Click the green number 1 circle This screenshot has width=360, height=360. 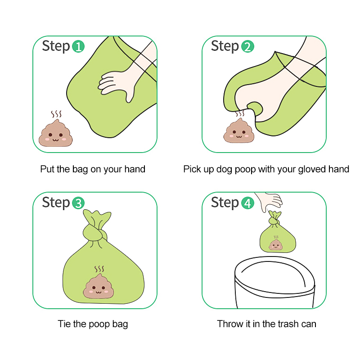click(78, 47)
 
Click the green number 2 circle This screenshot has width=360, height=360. click(247, 47)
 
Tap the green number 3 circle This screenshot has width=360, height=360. click(78, 203)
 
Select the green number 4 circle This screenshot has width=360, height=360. click(247, 203)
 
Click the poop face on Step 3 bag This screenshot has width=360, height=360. click(99, 287)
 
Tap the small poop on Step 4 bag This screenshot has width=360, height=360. click(276, 244)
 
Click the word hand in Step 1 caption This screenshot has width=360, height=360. click(135, 169)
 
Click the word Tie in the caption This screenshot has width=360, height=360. click(64, 324)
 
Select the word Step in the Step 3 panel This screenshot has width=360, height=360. click(56, 202)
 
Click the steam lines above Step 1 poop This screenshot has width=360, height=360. click(56, 114)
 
